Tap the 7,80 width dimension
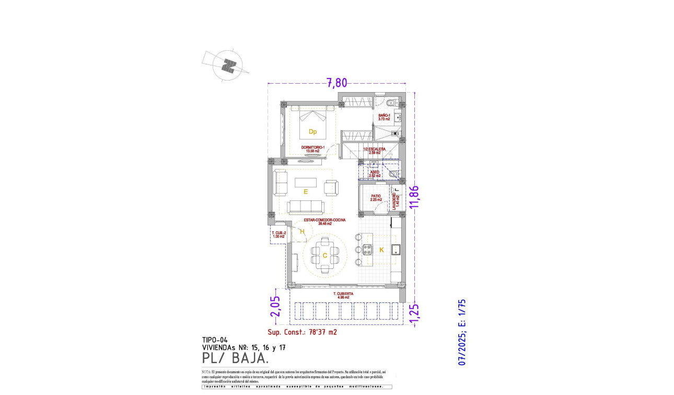tap(336, 83)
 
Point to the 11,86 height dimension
tap(415, 197)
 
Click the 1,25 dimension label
tap(415, 313)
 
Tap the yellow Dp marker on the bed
tap(312, 131)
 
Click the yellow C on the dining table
tap(324, 255)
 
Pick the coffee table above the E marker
tap(306, 182)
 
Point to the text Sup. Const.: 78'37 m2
tap(302, 332)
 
